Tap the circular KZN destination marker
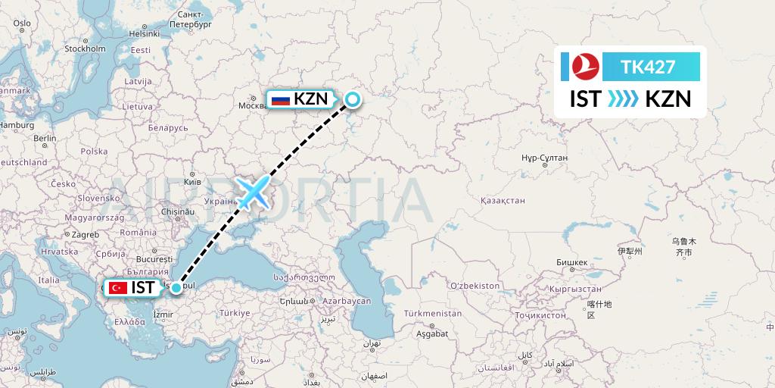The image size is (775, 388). click(353, 99)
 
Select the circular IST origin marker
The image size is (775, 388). click(176, 287)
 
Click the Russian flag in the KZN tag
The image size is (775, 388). click(281, 99)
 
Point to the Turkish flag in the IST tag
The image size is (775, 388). click(117, 288)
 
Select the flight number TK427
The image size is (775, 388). click(647, 67)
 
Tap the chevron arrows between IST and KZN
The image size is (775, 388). click(624, 99)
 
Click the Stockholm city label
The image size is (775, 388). click(85, 48)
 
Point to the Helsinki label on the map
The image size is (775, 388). click(144, 33)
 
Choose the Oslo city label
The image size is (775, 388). click(21, 23)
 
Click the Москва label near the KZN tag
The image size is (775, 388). click(253, 105)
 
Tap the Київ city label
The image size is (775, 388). click(192, 183)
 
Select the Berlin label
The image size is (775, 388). click(45, 139)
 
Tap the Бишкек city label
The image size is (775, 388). click(571, 262)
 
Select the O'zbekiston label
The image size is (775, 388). click(475, 286)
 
